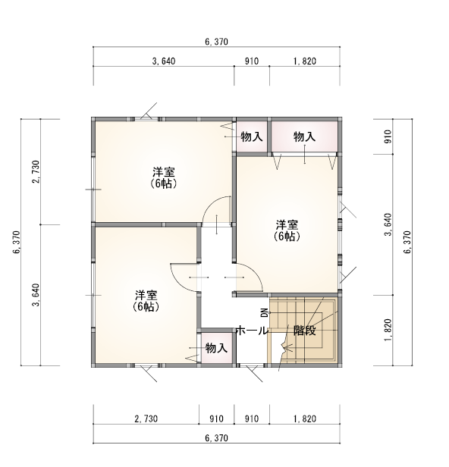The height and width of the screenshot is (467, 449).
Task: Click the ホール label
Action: click(251, 331)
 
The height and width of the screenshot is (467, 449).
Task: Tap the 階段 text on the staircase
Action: click(304, 331)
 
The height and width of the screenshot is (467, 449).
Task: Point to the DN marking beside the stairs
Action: click(264, 313)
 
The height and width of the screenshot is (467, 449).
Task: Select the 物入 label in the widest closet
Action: click(304, 136)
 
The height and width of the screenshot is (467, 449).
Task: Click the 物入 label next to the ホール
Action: click(216, 348)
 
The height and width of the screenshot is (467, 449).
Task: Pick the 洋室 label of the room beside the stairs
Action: click(287, 225)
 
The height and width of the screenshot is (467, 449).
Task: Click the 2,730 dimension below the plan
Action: click(146, 418)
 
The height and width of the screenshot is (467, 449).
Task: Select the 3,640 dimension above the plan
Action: click(163, 62)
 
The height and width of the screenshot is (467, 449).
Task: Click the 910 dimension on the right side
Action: click(388, 136)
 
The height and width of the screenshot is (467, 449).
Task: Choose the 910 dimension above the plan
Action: click(252, 62)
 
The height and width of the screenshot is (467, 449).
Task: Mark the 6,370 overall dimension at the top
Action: click(216, 41)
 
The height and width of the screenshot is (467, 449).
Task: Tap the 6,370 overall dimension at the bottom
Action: click(216, 438)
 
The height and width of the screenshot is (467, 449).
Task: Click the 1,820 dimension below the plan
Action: click(304, 418)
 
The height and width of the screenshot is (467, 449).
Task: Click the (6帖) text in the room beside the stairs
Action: click(287, 237)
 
